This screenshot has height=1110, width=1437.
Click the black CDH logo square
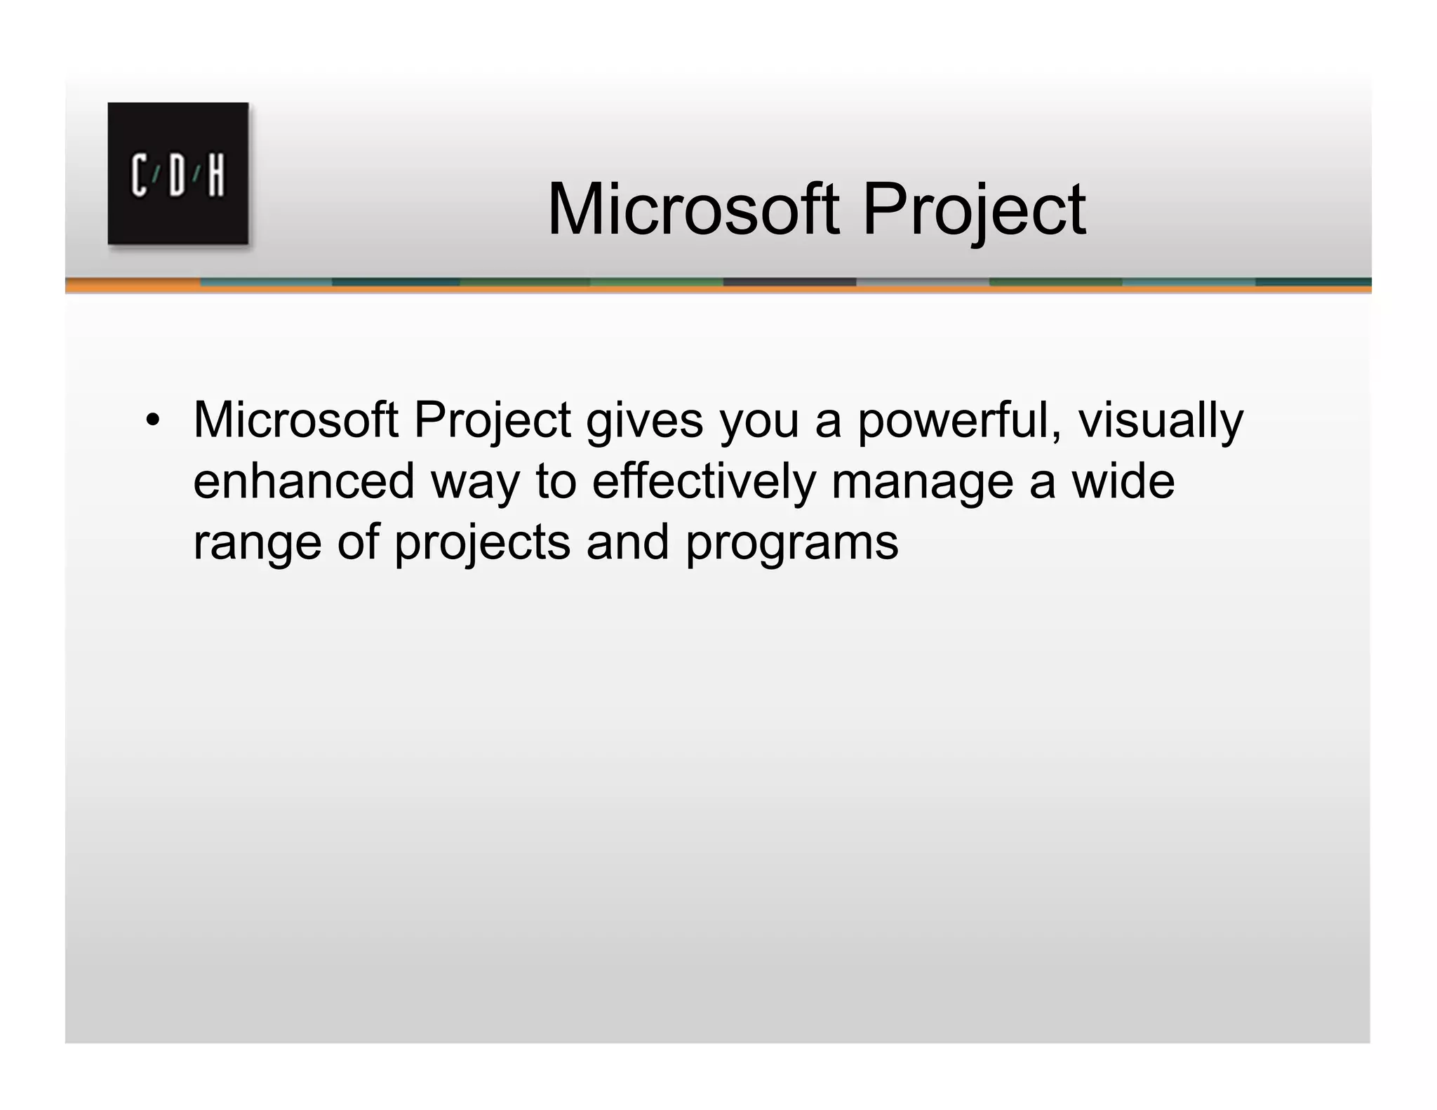click(178, 173)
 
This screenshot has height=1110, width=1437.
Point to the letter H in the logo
click(215, 175)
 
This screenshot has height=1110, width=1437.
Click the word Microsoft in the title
click(693, 209)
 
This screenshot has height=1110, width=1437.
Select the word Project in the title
click(973, 209)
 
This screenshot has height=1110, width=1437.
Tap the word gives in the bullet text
click(645, 421)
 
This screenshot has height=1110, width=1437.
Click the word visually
click(1161, 421)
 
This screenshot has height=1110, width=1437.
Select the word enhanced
click(304, 482)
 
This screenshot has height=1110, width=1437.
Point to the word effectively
click(704, 482)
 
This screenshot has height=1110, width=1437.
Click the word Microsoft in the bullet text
click(295, 421)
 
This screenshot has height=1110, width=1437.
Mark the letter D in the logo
click(178, 175)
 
